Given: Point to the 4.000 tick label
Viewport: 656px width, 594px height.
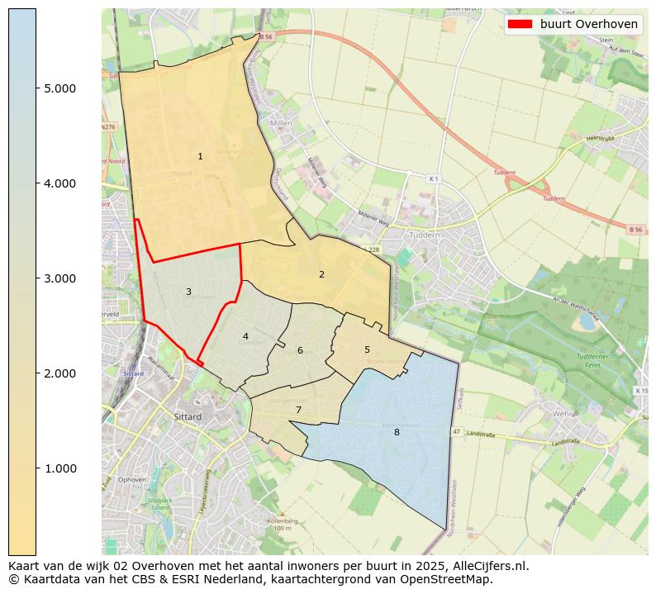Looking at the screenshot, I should pos(60,183).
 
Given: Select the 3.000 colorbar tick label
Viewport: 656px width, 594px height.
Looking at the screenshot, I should pos(60,278).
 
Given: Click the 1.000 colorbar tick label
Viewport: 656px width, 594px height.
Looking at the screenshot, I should pos(60,468).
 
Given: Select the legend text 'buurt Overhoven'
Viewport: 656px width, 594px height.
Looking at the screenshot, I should pos(588,24).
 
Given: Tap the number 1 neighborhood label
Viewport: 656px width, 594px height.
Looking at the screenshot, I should pos(200,156).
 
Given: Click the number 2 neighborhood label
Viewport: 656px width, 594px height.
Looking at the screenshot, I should pos(321,274).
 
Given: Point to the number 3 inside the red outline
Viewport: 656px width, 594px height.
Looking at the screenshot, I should pos(188,292).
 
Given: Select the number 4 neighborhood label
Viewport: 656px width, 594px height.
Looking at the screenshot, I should pos(245,336).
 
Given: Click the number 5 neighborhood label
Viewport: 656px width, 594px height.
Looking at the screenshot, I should pos(367,349).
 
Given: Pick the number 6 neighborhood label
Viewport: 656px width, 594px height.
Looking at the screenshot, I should pos(300,350).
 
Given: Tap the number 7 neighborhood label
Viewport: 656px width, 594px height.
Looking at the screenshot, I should pos(298,410).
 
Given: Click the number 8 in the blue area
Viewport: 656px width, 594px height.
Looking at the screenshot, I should pos(397,432).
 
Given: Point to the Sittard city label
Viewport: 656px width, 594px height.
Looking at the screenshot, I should pos(188,417).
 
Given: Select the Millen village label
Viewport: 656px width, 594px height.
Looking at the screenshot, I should pos(282,123).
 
